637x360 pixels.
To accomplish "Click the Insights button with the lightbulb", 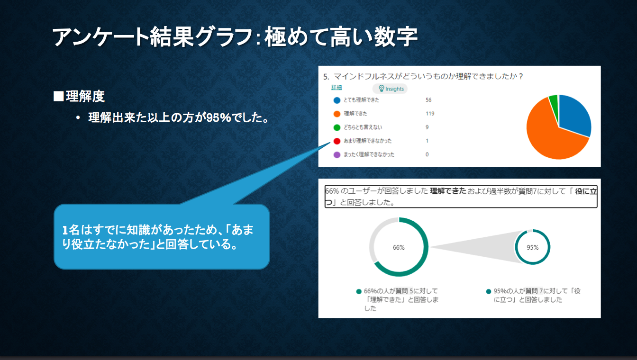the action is pyautogui.click(x=390, y=89).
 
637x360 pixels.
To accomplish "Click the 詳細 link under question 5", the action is pyautogui.click(x=337, y=88).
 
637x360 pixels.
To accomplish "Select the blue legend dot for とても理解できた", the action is pyautogui.click(x=337, y=100).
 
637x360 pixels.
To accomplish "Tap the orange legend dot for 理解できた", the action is pyautogui.click(x=337, y=114).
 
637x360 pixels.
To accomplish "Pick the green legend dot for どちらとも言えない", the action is pyautogui.click(x=337, y=127).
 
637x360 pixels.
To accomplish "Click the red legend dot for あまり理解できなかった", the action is pyautogui.click(x=337, y=141).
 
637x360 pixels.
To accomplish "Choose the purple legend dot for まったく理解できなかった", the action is pyautogui.click(x=337, y=155).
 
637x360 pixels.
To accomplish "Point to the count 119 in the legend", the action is pyautogui.click(x=430, y=114).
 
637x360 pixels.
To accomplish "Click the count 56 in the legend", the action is pyautogui.click(x=428, y=100).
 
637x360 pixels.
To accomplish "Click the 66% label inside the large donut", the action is pyautogui.click(x=399, y=247).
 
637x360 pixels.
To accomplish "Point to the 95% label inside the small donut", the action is pyautogui.click(x=533, y=247).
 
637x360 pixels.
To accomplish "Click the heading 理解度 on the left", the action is pyautogui.click(x=85, y=96).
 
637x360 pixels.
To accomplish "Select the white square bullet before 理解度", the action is pyautogui.click(x=59, y=96).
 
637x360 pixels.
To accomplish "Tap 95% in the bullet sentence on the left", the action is pyautogui.click(x=218, y=117).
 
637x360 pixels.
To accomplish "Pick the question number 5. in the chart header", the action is pyautogui.click(x=326, y=77).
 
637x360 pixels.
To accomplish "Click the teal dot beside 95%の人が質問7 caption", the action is pyautogui.click(x=489, y=291).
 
